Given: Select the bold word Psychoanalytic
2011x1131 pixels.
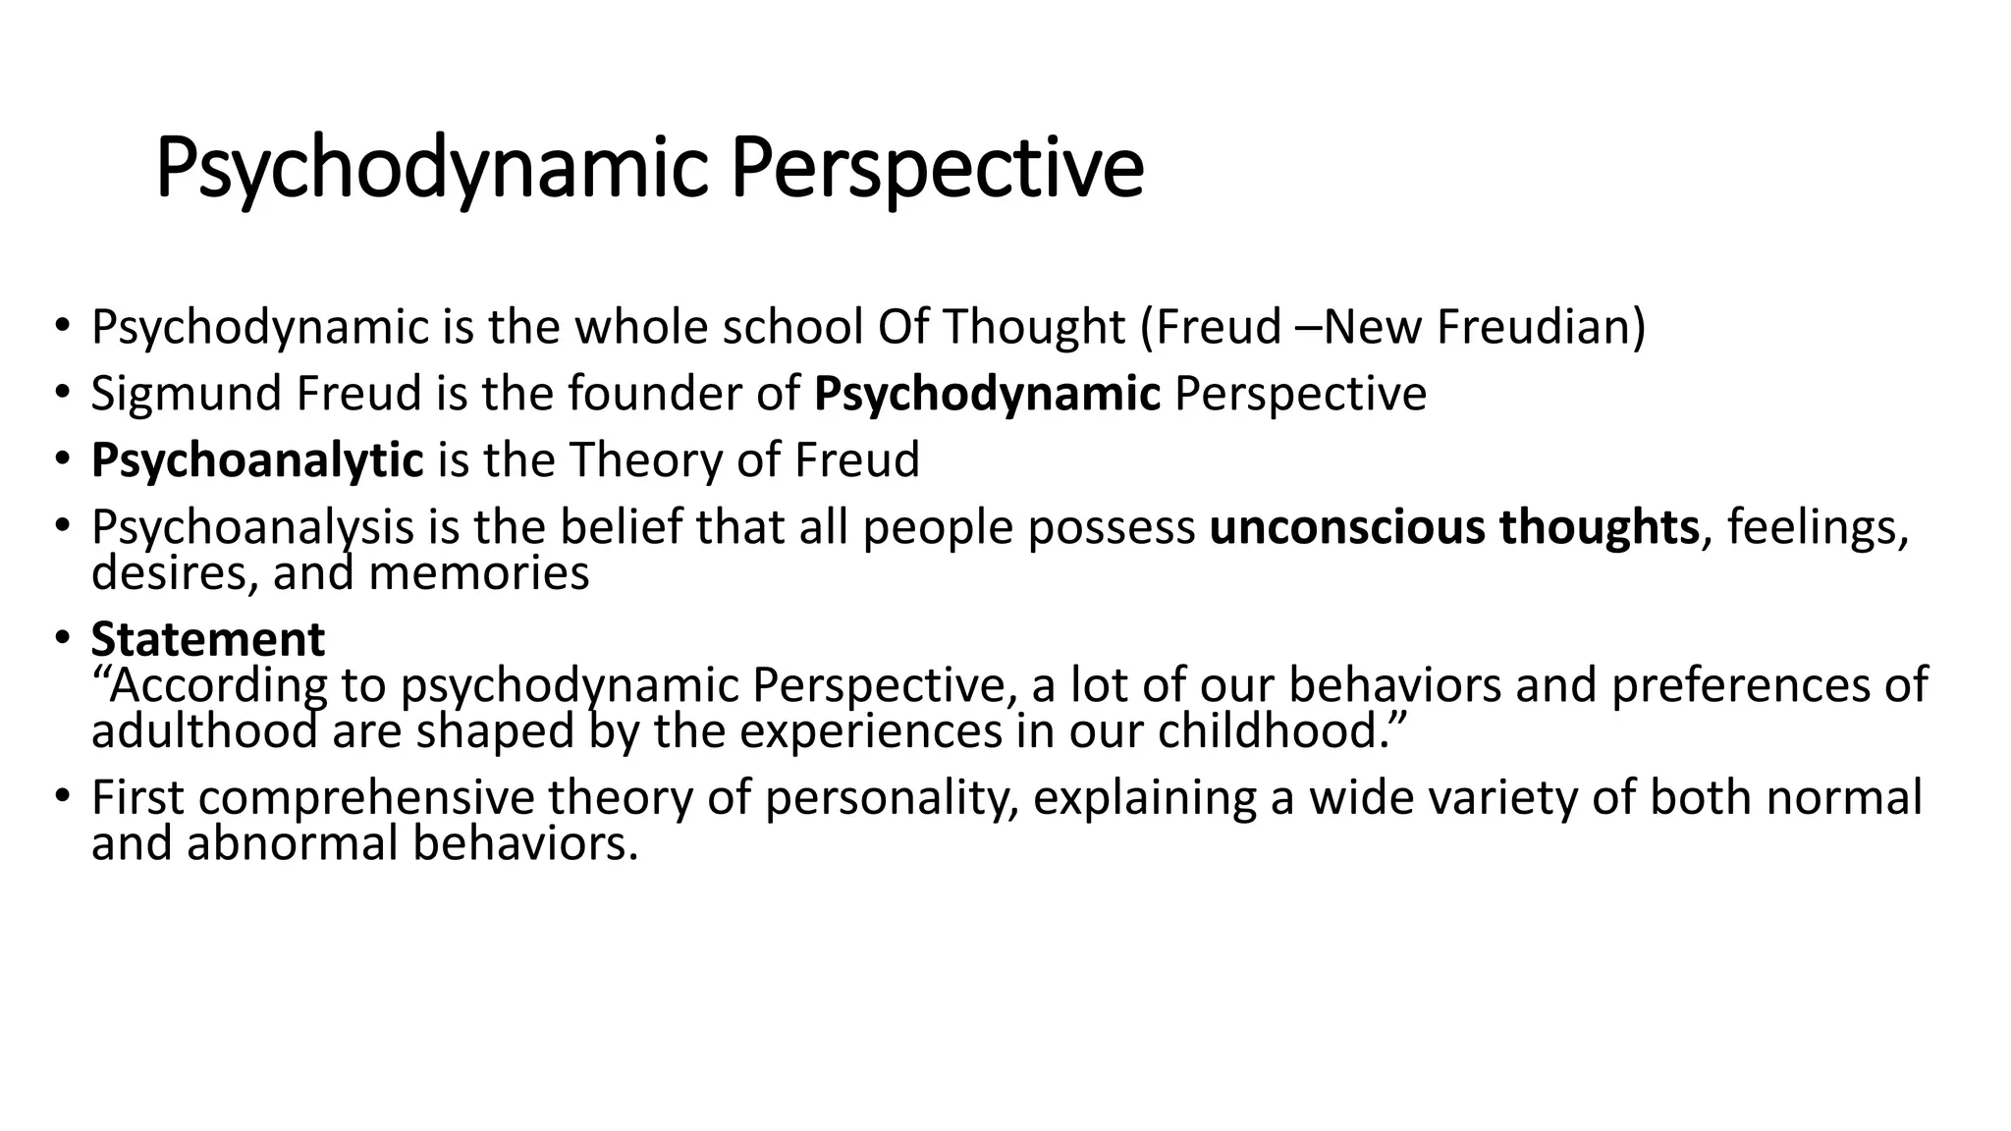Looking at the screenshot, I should (257, 460).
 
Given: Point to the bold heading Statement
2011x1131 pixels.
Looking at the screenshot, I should (207, 639).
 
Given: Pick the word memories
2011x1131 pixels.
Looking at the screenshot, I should (478, 573).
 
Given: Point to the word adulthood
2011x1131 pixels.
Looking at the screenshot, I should (204, 731).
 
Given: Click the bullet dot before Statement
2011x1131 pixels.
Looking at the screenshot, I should (62, 639).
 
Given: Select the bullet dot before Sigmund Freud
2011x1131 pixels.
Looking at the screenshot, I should (62, 394).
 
